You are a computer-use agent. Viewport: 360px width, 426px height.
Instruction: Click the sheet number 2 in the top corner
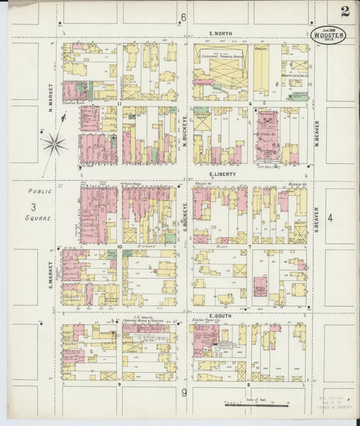(345, 11)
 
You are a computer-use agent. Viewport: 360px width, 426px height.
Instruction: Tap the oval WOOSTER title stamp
(329, 34)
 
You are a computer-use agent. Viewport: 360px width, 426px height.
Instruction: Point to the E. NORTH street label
(220, 32)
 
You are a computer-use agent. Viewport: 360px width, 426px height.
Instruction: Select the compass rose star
(53, 142)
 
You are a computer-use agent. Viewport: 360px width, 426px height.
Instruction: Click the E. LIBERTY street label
(221, 174)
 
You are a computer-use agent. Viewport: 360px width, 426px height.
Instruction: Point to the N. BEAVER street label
(316, 133)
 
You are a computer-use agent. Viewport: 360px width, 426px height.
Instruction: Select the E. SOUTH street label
(221, 315)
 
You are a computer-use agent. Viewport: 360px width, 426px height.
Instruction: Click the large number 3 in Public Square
(32, 207)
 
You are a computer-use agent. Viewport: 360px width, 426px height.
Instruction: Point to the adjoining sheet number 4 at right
(330, 217)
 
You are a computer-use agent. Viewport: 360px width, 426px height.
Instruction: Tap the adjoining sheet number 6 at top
(183, 17)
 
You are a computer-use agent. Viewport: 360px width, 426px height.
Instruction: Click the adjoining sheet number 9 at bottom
(183, 392)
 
